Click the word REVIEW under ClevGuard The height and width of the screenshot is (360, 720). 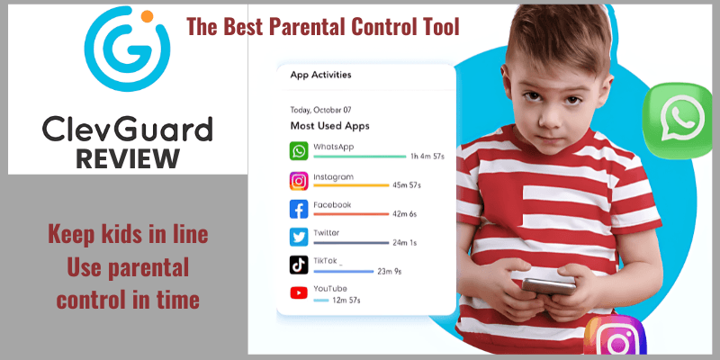[128, 159]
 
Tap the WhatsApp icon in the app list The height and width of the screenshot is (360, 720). [299, 150]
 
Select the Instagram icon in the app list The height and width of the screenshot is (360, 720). [299, 181]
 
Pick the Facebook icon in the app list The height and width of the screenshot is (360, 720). [299, 210]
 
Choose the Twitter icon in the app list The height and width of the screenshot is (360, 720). [299, 238]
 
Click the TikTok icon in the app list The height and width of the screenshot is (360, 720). [299, 265]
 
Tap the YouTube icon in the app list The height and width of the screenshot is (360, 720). [299, 293]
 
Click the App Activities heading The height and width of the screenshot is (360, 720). [320, 76]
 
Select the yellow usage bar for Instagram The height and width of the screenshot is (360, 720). [352, 185]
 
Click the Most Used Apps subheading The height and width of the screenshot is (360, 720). [329, 125]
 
